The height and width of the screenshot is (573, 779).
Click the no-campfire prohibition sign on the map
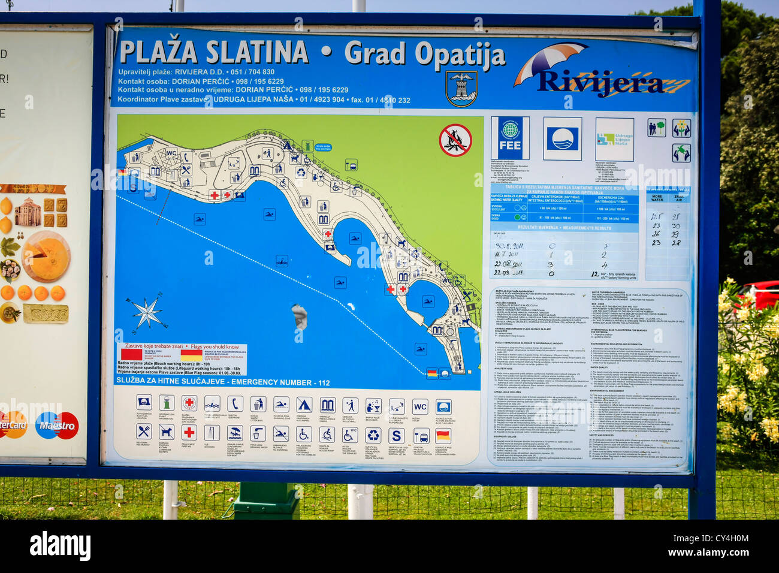coord(455,140)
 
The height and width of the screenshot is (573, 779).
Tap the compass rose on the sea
coord(147,312)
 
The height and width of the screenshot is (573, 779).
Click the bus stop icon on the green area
coord(351,165)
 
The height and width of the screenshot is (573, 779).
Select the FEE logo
coord(510,138)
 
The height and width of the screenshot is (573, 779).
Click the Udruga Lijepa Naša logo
coord(614,139)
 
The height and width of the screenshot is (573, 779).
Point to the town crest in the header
coord(461,88)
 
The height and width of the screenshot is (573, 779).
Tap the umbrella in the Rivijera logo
coord(549,60)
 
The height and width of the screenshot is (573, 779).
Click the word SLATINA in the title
coord(256,53)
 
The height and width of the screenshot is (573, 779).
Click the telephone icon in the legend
coord(235,404)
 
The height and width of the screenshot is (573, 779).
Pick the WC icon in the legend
coord(420,406)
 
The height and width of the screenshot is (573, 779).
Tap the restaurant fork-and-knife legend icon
coord(144,432)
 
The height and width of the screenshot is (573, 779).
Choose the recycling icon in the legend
coord(373,435)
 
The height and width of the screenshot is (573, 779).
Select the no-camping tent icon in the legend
coord(304,405)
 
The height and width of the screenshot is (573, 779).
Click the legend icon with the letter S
coord(396,435)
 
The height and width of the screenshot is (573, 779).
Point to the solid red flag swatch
coord(131,354)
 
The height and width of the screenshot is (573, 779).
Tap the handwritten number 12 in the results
coord(594,274)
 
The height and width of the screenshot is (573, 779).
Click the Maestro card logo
coord(57,426)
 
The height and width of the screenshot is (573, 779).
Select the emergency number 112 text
coord(324,382)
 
